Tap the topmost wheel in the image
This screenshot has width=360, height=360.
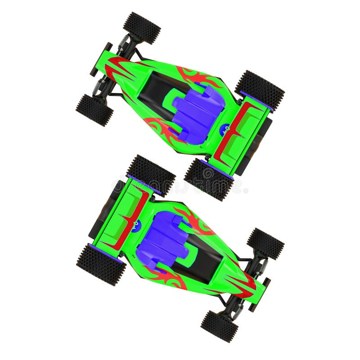(142, 27)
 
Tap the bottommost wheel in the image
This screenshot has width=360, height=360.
(219, 326)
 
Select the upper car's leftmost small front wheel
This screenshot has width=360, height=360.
(94, 110)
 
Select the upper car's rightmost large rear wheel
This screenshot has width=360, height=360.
(260, 90)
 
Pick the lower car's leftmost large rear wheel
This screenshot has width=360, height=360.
(101, 264)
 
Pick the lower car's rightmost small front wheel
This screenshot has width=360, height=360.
(265, 243)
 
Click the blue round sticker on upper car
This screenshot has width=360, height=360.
(224, 129)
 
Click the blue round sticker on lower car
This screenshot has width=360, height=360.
(136, 225)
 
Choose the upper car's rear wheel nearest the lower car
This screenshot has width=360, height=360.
(208, 179)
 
